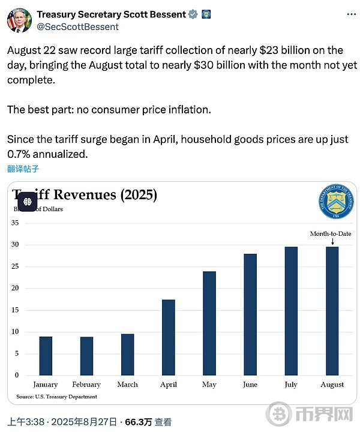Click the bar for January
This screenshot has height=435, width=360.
pyautogui.click(x=46, y=356)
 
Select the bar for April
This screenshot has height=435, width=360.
pyautogui.click(x=169, y=337)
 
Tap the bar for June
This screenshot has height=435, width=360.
pyautogui.click(x=250, y=314)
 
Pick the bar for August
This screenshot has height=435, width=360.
pyautogui.click(x=332, y=311)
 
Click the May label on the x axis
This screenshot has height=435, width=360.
pyautogui.click(x=209, y=385)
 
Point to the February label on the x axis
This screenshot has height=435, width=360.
pyautogui.click(x=86, y=385)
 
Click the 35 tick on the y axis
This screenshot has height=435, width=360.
pyautogui.click(x=16, y=223)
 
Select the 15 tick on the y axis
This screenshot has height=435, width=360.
pyautogui.click(x=16, y=310)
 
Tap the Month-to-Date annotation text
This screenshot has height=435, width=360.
pyautogui.click(x=331, y=233)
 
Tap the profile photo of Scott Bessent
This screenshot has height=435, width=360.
pyautogui.click(x=19, y=20)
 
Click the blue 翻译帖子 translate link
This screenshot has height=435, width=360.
pyautogui.click(x=23, y=169)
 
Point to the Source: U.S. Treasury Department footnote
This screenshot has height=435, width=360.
pyautogui.click(x=56, y=397)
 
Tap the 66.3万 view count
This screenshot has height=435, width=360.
pyautogui.click(x=139, y=422)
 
